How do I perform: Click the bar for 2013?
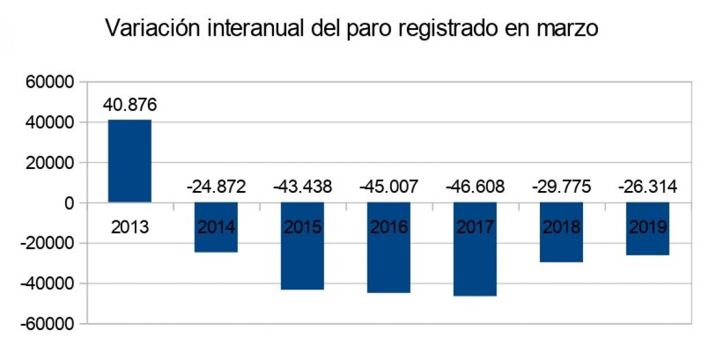tap(129, 161)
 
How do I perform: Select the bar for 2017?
tap(475, 263)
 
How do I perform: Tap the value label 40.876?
tap(129, 105)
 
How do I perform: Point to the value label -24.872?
tap(216, 187)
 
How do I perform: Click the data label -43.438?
tap(303, 187)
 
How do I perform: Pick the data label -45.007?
tap(389, 187)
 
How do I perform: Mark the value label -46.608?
tap(476, 187)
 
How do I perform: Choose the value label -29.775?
tap(561, 187)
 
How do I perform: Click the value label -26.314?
tap(648, 187)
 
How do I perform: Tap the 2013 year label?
tap(129, 228)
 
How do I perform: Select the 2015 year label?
tap(303, 228)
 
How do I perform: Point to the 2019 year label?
tap(648, 228)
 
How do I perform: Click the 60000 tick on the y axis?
tap(50, 82)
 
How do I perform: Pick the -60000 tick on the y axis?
tap(48, 324)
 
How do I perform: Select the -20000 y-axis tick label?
tap(48, 244)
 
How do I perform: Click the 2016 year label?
tap(389, 228)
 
